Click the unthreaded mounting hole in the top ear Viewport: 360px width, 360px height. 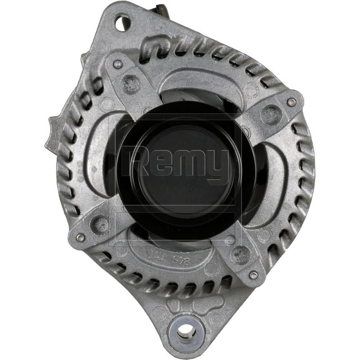pos(122,22)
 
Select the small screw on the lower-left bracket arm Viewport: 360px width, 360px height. pos(81,237)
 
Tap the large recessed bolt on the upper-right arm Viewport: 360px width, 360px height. pos(270,114)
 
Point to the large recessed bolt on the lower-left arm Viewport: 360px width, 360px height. pos(99,222)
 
